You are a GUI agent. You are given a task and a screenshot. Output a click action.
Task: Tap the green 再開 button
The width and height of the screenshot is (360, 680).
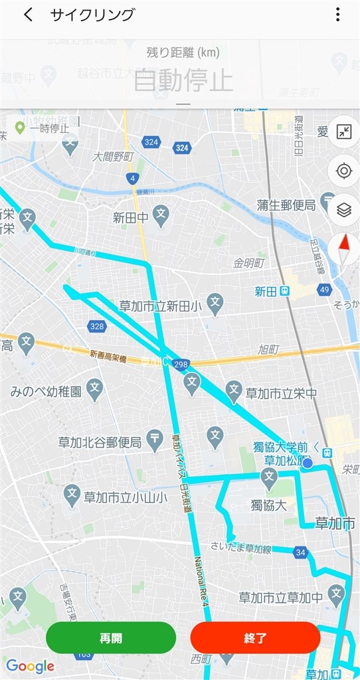pos(111,638)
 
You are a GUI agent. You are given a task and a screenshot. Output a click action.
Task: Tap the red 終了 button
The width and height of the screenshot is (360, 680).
pos(255,638)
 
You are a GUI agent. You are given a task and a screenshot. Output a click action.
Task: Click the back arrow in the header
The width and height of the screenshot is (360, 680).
pos(28,15)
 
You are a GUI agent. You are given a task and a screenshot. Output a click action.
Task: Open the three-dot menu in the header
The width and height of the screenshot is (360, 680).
pos(337,15)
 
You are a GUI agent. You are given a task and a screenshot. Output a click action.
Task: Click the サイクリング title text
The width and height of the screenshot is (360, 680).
pos(92,15)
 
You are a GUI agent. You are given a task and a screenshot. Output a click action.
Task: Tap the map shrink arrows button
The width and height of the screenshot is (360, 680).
pos(343,131)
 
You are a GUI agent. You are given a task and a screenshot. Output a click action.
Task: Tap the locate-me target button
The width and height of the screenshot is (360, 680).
pos(343,171)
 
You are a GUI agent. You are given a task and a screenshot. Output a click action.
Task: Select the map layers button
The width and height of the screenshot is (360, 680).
pos(343,211)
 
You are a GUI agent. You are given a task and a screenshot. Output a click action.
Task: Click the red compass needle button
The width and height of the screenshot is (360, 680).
pos(344,250)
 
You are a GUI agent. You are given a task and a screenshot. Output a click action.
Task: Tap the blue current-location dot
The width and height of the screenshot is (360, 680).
pos(308,464)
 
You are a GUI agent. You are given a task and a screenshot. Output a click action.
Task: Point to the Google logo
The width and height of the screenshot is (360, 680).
pos(30,666)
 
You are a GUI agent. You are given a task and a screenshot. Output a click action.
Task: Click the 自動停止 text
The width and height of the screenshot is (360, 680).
pos(183,80)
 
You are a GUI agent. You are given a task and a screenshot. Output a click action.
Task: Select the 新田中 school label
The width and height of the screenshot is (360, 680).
pos(130,216)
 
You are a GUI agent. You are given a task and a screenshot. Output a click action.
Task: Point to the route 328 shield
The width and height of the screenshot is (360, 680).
pos(97,326)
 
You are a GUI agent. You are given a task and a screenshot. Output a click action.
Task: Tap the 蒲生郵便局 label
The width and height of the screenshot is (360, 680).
pos(286,206)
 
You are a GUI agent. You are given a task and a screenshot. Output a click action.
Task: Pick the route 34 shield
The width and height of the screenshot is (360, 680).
pos(301,552)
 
